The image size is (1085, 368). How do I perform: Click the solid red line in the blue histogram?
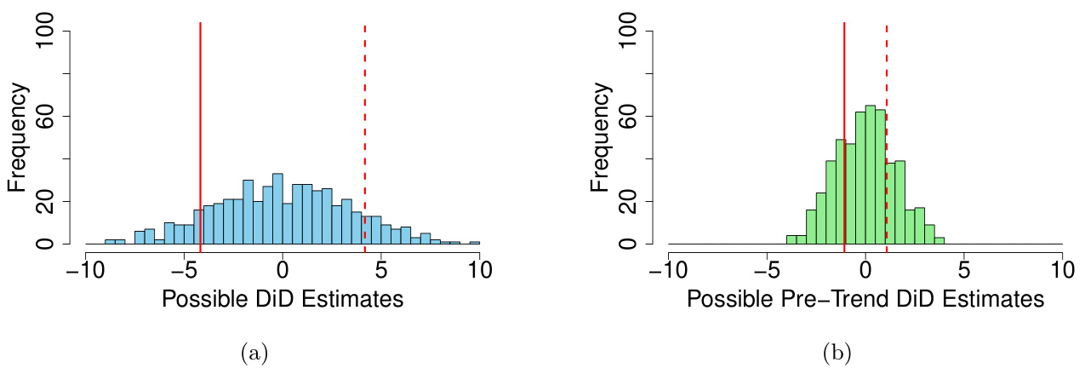point(200,128)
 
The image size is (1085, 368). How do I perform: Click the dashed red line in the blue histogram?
point(365,128)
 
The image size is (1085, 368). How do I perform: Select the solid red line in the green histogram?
point(844,128)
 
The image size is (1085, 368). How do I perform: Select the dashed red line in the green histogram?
point(887,128)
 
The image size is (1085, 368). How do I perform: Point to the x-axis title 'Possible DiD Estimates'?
point(282,300)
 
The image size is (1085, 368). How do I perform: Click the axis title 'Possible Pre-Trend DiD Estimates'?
point(865,300)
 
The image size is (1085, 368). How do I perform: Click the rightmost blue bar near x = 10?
point(475,243)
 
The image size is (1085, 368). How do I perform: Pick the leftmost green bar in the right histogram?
point(791,240)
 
